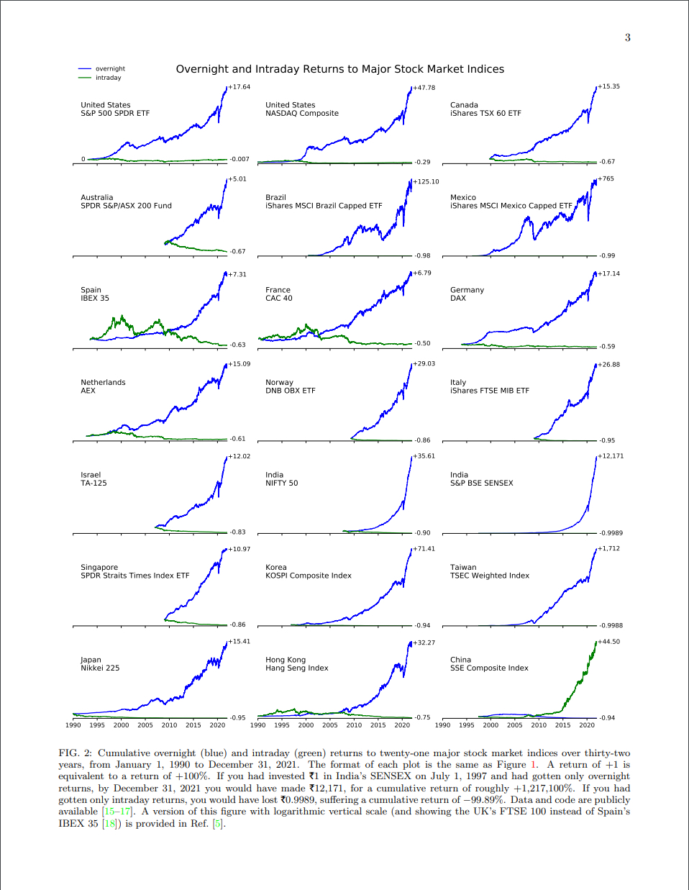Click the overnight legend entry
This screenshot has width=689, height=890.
click(x=109, y=69)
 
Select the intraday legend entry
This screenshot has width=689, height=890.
click(x=108, y=78)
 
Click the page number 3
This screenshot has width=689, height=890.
click(x=627, y=37)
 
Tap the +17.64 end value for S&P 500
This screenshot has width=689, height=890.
click(x=239, y=87)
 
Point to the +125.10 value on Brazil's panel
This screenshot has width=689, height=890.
click(x=426, y=182)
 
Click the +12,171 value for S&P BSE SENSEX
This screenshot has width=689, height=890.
click(x=611, y=456)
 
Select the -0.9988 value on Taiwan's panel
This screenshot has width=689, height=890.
click(x=611, y=625)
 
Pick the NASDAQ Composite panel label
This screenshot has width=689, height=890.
click(x=301, y=114)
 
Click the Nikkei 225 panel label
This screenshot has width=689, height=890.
click(x=100, y=668)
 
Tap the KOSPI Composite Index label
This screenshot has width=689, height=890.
click(x=308, y=576)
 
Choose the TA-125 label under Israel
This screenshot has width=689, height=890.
click(x=93, y=483)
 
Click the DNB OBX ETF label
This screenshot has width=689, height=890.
click(x=290, y=391)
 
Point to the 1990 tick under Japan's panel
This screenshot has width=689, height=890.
click(x=73, y=725)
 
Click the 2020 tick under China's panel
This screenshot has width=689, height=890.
click(x=587, y=725)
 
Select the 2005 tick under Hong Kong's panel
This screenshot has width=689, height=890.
click(x=330, y=725)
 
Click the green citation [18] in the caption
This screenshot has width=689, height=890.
click(x=109, y=823)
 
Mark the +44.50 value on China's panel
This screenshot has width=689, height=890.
click(x=608, y=642)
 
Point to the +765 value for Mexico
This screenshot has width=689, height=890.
click(x=606, y=179)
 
